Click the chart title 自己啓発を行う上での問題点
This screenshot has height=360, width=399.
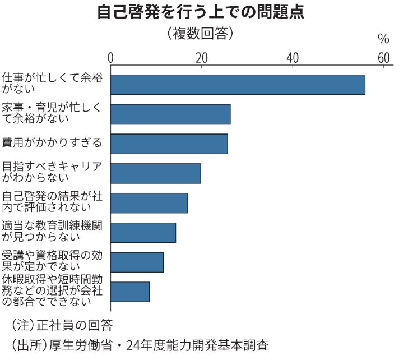[200, 13]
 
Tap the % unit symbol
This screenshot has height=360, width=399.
[383, 39]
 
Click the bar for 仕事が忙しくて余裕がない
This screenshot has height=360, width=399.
[238, 84]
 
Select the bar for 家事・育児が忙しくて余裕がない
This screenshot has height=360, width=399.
[170, 114]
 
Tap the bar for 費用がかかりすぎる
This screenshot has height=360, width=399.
[169, 144]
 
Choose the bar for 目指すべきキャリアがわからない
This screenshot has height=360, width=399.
[155, 173]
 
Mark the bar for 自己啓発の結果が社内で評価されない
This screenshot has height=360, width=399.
[149, 202]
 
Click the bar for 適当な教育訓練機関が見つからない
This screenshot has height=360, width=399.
[143, 232]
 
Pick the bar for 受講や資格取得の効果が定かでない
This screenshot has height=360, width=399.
[137, 262]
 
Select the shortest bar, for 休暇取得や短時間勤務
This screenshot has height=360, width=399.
[129, 292]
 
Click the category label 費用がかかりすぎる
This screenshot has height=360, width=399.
[52, 142]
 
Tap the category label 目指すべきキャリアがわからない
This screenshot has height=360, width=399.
[52, 172]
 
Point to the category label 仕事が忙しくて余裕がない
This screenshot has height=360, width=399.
[52, 83]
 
